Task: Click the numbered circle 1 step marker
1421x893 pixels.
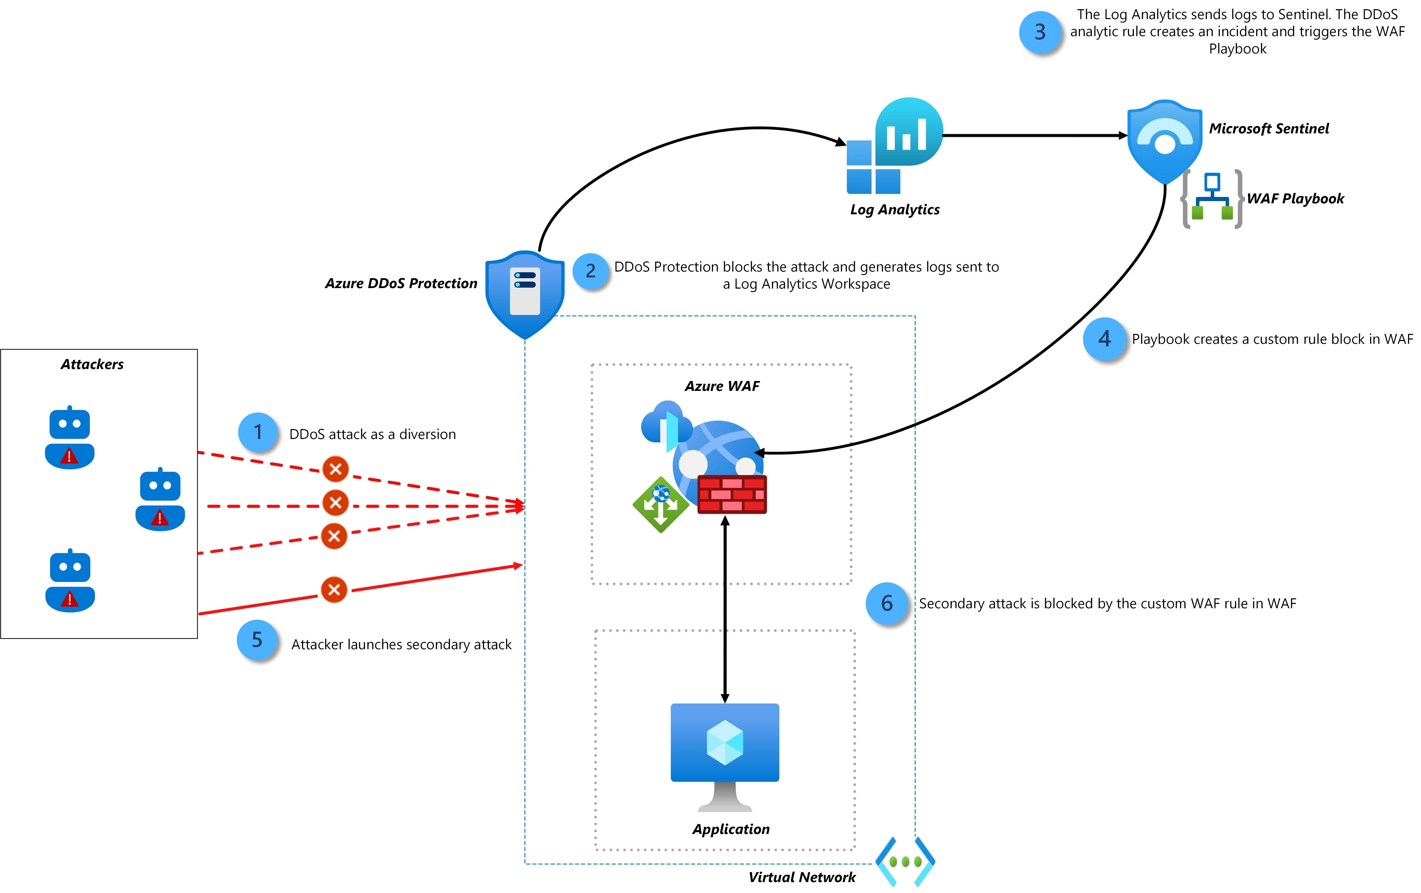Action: click(x=258, y=433)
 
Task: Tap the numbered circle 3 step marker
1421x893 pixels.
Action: click(x=1040, y=33)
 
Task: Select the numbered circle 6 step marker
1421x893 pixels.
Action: click(x=886, y=603)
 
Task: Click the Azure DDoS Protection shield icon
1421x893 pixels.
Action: click(x=525, y=293)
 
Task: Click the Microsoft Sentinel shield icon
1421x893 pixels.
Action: click(x=1164, y=140)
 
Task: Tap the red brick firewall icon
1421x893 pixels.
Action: click(x=732, y=494)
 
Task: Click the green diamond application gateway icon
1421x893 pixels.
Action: click(x=660, y=505)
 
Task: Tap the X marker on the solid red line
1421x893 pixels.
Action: click(x=334, y=589)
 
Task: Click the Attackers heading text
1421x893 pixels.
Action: click(x=92, y=364)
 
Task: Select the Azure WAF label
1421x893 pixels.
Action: click(x=722, y=386)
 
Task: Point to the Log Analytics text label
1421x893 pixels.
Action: click(x=895, y=209)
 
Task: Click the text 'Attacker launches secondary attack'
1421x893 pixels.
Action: click(x=401, y=645)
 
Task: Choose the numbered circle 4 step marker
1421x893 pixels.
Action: click(x=1104, y=339)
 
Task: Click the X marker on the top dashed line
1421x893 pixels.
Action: click(x=335, y=469)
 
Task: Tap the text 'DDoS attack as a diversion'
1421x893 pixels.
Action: click(x=372, y=434)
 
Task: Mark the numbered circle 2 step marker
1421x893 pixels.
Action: click(x=590, y=271)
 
